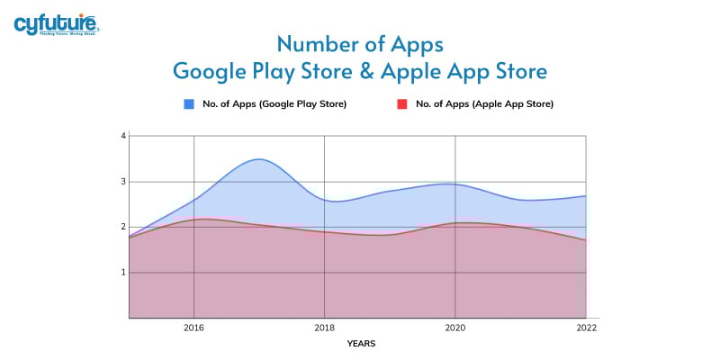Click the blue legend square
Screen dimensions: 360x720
(x=190, y=104)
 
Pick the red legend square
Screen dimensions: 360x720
(x=403, y=104)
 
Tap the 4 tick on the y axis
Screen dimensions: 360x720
(x=122, y=136)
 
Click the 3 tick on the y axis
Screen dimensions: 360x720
(x=122, y=182)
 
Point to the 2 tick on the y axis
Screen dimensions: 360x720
(x=122, y=227)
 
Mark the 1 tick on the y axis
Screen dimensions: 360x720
(x=122, y=272)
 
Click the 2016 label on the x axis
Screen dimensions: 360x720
(x=193, y=328)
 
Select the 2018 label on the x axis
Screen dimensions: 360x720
(x=324, y=328)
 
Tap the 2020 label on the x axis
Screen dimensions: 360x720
(x=455, y=328)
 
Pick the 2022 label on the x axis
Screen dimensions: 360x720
(x=586, y=328)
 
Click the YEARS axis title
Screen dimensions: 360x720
(x=363, y=344)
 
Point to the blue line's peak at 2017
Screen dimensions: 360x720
(x=259, y=159)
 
